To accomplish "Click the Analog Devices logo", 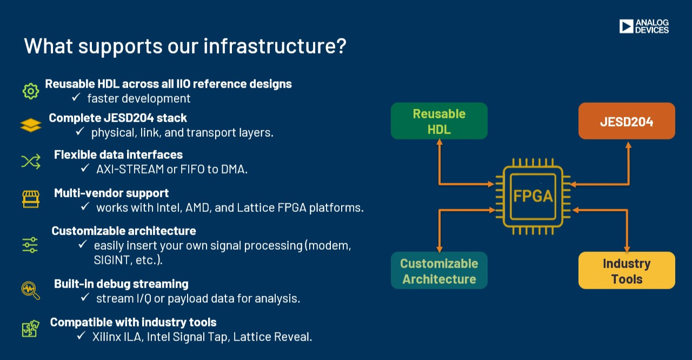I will coord(644,26).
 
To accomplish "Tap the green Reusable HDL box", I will coord(439,121).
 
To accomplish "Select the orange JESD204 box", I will coord(627,121).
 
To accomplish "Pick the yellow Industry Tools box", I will coord(627,271).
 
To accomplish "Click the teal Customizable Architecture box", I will coord(439,271).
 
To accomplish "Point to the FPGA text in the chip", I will coord(533,195).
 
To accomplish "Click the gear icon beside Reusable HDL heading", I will coord(31,91).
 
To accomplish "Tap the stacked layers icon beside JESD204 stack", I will coord(31,125).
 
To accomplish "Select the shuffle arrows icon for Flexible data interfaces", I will coord(31,162).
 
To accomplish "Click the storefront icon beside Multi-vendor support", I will coord(31,199).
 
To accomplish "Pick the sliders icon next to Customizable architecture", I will coord(30,245).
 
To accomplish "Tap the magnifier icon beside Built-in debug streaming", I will coord(31,290).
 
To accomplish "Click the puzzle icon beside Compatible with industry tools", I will coord(31,329).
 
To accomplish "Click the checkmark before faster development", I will coord(76,98).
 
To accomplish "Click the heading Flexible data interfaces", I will coord(118,155).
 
